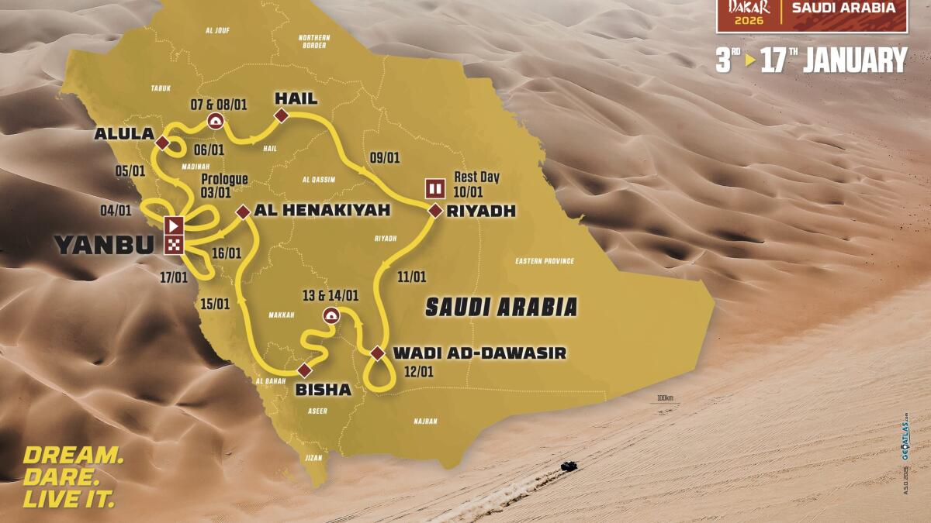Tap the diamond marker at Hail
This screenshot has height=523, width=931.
point(281,116)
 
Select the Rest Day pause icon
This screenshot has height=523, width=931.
point(434,188)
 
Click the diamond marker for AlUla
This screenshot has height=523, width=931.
point(162,143)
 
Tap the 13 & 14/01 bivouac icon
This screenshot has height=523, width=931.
point(331,315)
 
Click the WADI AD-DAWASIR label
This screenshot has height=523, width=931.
point(479,353)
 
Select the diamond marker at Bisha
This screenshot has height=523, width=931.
point(304,370)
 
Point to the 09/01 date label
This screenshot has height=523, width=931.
point(385,157)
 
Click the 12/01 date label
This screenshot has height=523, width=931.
point(419,372)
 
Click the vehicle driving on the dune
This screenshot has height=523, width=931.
point(568,466)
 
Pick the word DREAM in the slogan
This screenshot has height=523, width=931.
point(72,455)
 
